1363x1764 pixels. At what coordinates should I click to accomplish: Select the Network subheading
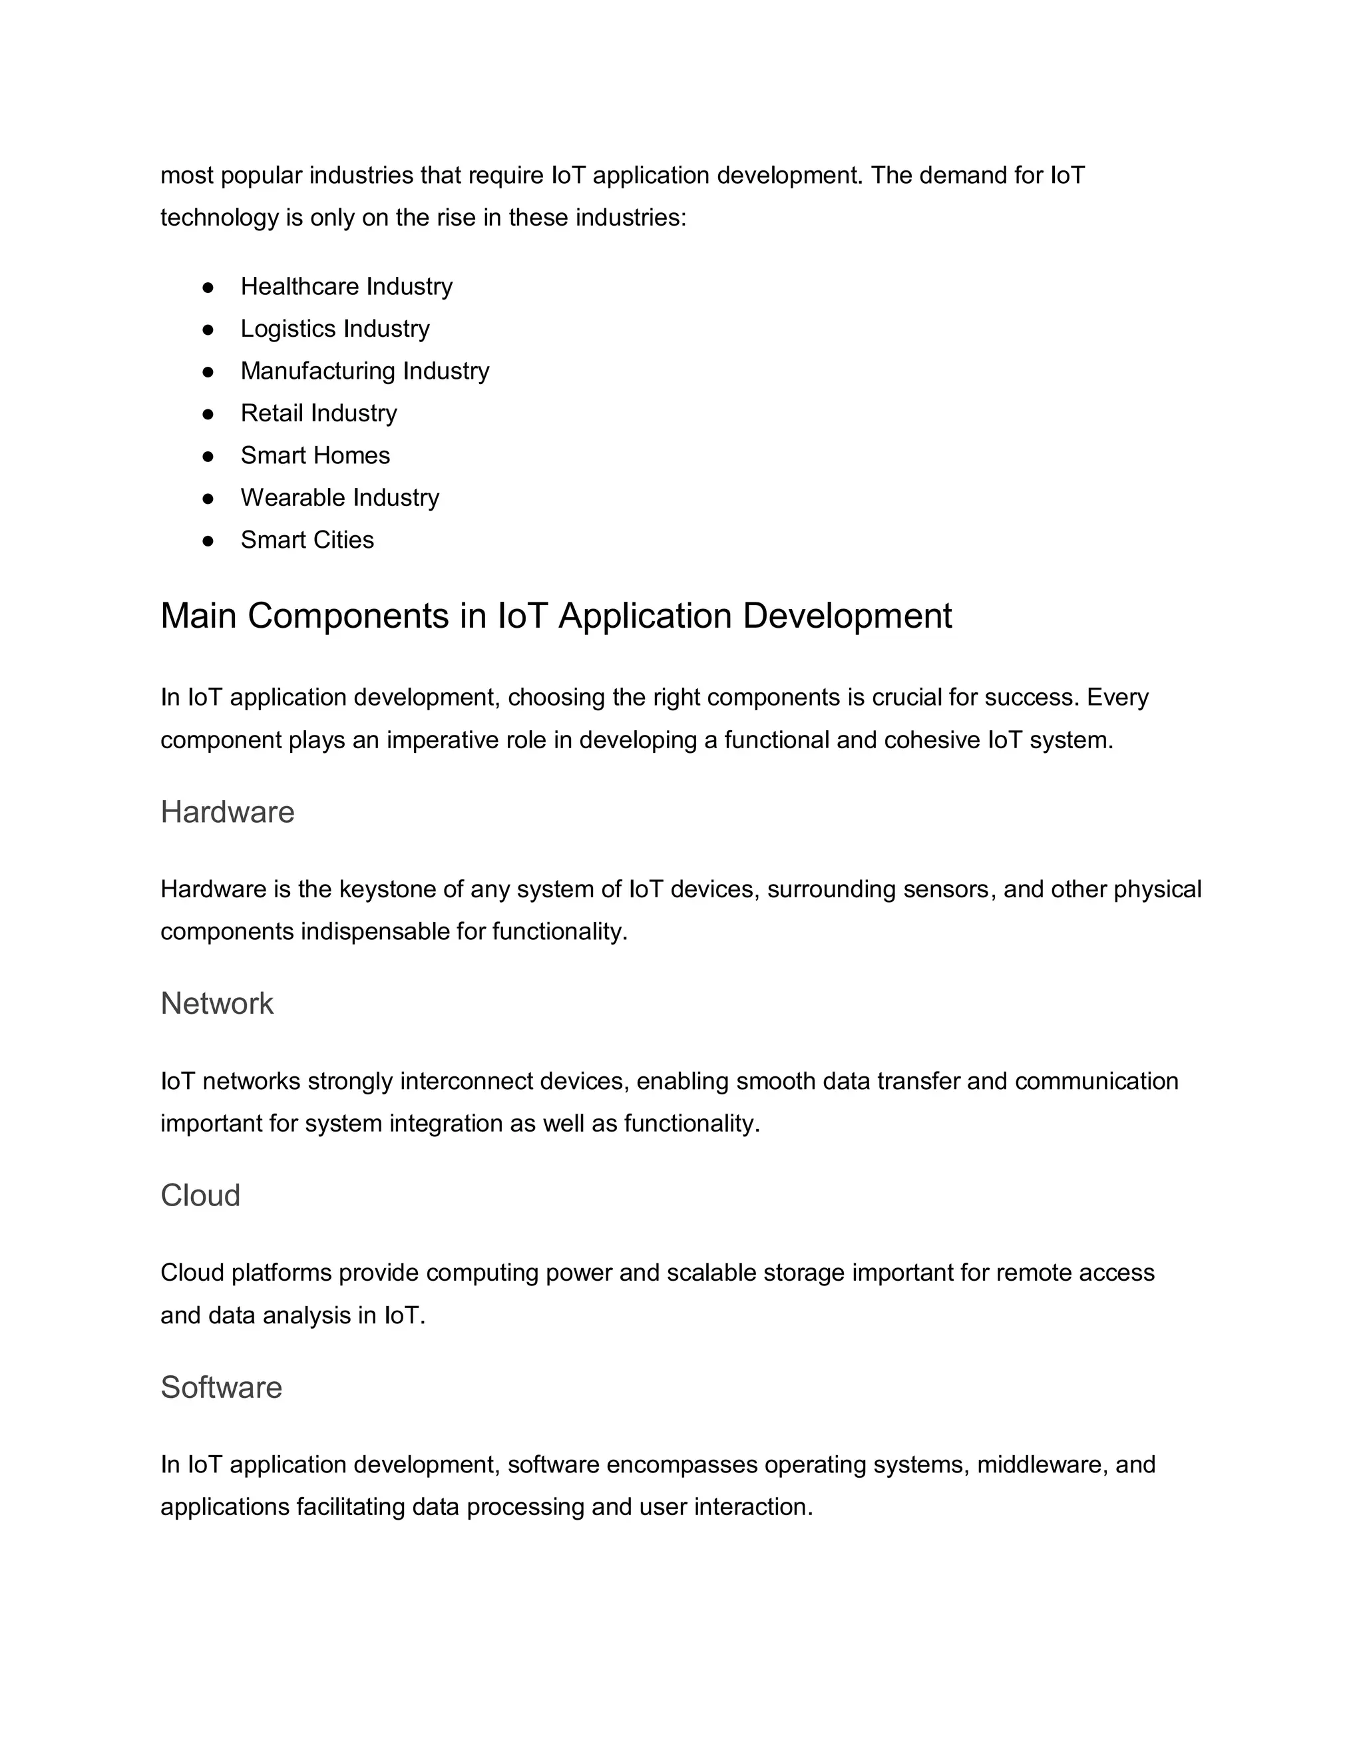click(x=216, y=1003)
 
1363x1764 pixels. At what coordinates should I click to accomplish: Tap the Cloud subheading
click(x=200, y=1196)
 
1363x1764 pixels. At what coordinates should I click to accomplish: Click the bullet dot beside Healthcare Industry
click(x=208, y=287)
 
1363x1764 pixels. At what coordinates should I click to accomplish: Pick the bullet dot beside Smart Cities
click(x=208, y=541)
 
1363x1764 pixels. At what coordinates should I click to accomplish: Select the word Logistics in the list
click(x=288, y=329)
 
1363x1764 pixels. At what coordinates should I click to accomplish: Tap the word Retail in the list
click(x=272, y=413)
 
